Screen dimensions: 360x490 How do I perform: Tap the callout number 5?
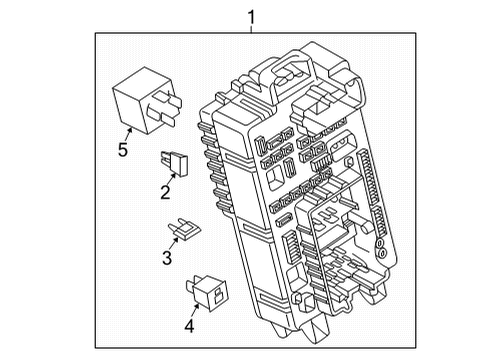coord(123,151)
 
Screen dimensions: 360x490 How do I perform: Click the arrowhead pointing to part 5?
coord(129,127)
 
